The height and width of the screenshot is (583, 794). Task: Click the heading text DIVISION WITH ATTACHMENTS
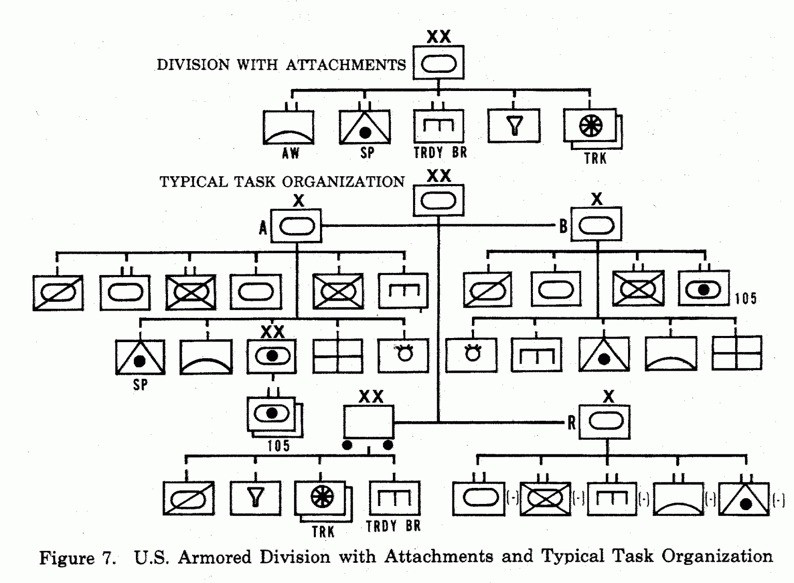click(281, 65)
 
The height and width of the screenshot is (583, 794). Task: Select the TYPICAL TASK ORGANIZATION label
click(282, 182)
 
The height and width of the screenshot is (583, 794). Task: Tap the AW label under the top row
click(291, 153)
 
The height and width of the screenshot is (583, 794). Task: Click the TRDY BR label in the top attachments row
click(440, 153)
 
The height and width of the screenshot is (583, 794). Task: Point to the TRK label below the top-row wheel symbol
click(595, 158)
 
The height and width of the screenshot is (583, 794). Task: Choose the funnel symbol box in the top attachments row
click(514, 126)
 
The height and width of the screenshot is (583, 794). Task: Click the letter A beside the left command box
click(263, 227)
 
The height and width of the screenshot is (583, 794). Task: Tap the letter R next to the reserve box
click(571, 423)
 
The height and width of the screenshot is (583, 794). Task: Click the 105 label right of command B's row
click(745, 298)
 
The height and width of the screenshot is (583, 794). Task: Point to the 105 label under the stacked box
click(278, 446)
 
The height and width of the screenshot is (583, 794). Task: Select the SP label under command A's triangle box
click(140, 385)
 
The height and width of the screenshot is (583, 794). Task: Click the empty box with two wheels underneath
click(369, 422)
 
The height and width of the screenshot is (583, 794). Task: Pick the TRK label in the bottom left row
click(323, 532)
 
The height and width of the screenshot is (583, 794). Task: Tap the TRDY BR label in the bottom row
click(393, 527)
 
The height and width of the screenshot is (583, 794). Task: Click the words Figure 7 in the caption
click(77, 558)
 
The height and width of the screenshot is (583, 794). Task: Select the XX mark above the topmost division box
click(439, 37)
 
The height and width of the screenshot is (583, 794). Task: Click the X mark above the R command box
click(608, 396)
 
